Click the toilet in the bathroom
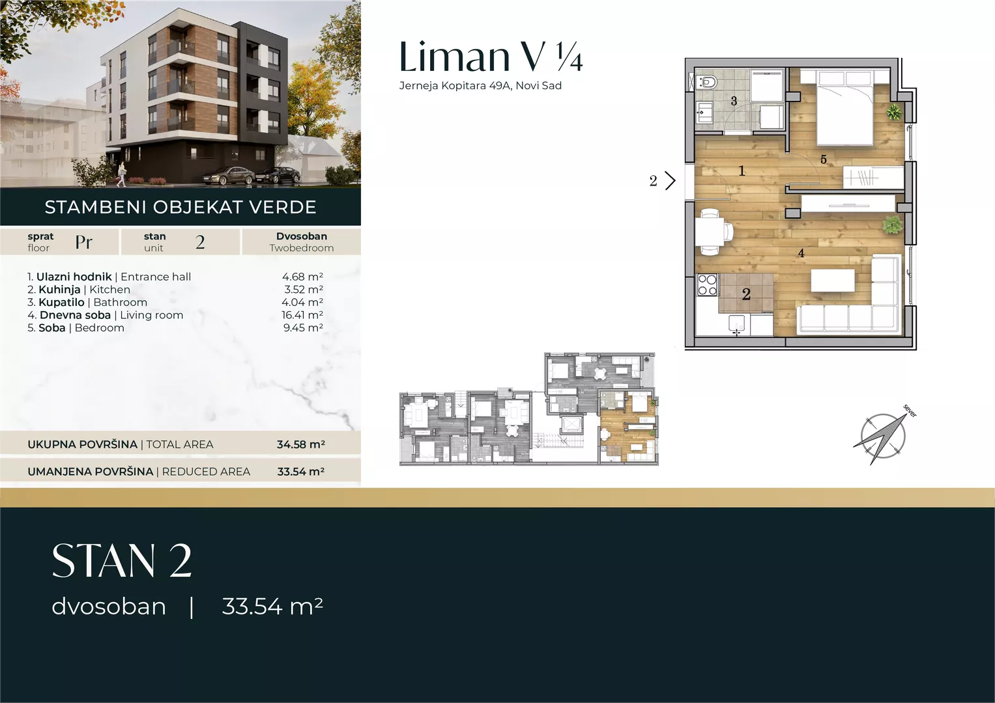point(706,81)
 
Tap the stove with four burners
point(707,285)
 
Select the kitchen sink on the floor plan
point(739,324)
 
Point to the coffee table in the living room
point(833,281)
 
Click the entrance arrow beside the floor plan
point(671,181)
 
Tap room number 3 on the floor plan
point(734,101)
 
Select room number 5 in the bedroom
point(823,159)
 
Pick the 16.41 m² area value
point(302,315)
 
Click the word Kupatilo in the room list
point(61,303)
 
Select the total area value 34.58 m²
point(301,444)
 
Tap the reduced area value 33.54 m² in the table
point(301,471)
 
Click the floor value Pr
point(83,242)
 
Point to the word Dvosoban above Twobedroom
point(302,236)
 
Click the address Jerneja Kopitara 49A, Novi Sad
point(480,86)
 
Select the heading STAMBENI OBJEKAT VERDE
point(180,207)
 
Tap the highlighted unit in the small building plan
point(627,426)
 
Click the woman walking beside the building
point(121,174)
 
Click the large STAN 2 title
point(122,560)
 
